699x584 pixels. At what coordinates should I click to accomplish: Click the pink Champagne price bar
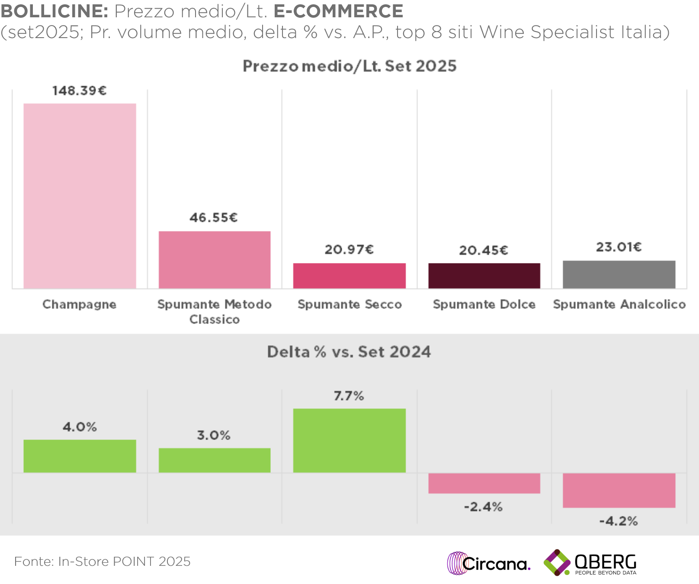(x=80, y=196)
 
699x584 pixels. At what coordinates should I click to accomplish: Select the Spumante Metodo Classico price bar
(x=215, y=260)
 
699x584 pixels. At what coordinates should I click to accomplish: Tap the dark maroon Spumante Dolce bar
(x=484, y=276)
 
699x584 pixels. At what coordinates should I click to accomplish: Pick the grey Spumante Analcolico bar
(x=619, y=274)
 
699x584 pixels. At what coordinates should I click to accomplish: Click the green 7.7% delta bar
(x=349, y=440)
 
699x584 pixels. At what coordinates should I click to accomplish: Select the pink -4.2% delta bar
(x=619, y=490)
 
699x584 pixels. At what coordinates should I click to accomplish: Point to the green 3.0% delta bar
(x=215, y=460)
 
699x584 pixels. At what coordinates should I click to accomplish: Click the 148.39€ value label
(x=80, y=91)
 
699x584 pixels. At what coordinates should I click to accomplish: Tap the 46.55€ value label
(x=214, y=218)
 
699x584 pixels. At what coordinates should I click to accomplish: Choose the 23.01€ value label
(x=619, y=247)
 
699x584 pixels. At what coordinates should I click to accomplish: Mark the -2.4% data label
(x=483, y=507)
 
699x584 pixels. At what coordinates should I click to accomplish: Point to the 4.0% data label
(x=80, y=427)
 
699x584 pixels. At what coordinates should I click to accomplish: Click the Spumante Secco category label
(x=349, y=305)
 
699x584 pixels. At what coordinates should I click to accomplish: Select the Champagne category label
(x=80, y=305)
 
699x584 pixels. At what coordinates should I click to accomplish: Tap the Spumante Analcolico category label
(x=619, y=305)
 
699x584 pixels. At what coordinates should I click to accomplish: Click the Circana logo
(x=488, y=563)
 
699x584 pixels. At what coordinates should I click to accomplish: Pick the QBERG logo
(x=590, y=563)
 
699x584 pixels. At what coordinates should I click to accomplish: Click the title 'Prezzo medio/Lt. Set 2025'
(x=349, y=66)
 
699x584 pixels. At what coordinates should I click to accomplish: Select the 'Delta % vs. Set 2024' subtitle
(x=349, y=352)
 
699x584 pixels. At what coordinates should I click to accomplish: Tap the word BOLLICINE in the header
(x=54, y=11)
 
